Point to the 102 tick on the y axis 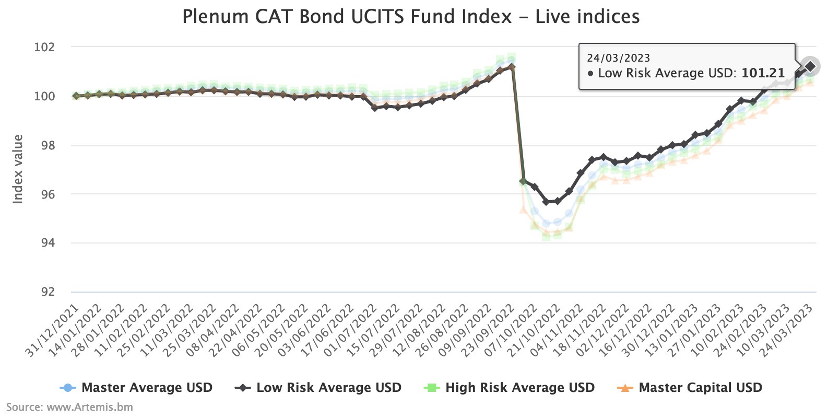(44, 48)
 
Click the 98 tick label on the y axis (46, 145)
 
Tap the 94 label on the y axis (46, 243)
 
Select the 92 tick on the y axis (46, 292)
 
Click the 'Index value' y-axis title (18, 169)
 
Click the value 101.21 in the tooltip (763, 73)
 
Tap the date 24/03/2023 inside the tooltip (618, 58)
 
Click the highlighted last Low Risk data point (810, 66)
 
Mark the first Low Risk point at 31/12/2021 (76, 96)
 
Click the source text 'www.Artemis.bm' (90, 407)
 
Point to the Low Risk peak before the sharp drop (512, 67)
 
